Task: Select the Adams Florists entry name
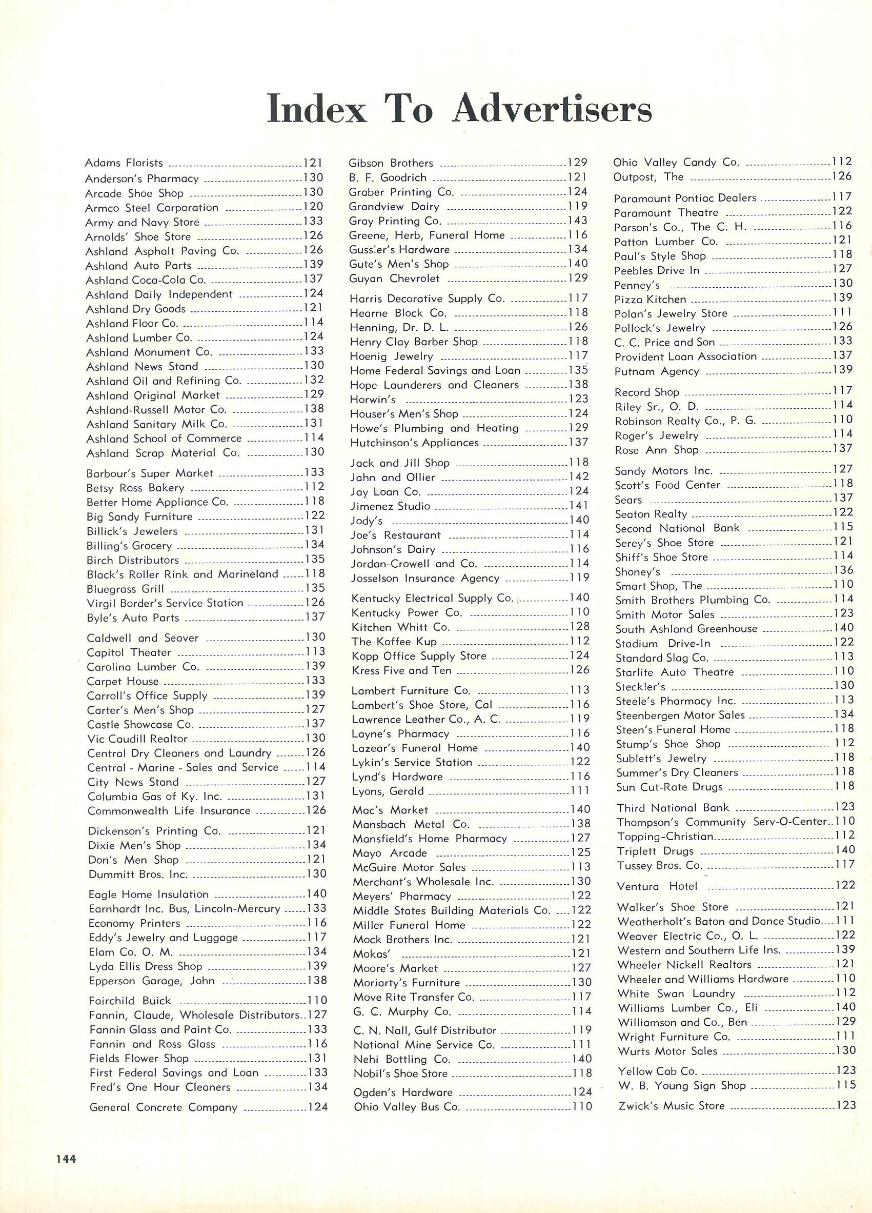click(124, 163)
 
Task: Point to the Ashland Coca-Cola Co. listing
click(146, 280)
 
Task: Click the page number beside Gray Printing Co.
click(577, 221)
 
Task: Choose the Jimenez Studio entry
click(390, 506)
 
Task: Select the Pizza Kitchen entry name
click(650, 299)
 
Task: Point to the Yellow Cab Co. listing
click(657, 1071)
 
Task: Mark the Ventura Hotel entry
click(657, 886)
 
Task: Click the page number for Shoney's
click(843, 570)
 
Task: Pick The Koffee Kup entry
click(394, 641)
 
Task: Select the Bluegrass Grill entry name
click(126, 589)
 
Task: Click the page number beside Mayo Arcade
click(580, 852)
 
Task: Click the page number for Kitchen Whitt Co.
click(580, 626)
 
